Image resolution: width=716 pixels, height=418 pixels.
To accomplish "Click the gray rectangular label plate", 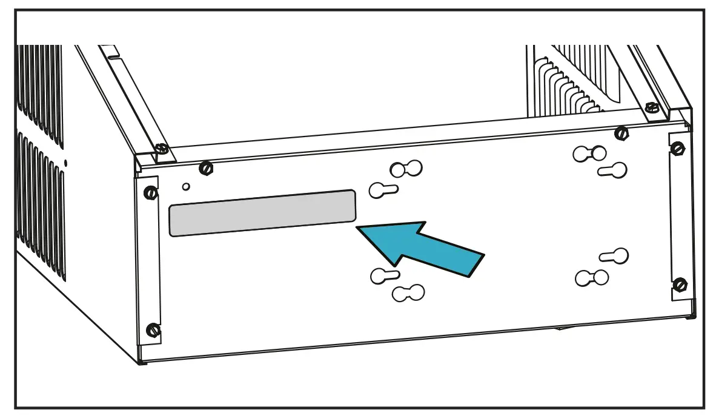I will pyautogui.click(x=262, y=213).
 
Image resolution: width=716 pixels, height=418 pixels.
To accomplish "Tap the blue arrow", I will pyautogui.click(x=424, y=248).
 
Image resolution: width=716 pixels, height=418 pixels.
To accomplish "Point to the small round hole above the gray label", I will pyautogui.click(x=187, y=186).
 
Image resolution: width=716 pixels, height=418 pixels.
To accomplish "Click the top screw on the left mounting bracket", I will pyautogui.click(x=151, y=194).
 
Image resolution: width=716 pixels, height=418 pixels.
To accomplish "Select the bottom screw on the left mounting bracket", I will pyautogui.click(x=153, y=331).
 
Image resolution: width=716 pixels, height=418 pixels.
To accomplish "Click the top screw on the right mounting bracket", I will pyautogui.click(x=678, y=148).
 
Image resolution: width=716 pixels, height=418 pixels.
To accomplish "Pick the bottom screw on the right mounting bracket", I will pyautogui.click(x=680, y=284).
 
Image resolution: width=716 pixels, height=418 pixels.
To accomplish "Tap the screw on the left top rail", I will pyautogui.click(x=160, y=149).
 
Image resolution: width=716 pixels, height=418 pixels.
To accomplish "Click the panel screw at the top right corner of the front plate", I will pyautogui.click(x=621, y=132).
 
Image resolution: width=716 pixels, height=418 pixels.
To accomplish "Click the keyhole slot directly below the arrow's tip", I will pyautogui.click(x=384, y=276).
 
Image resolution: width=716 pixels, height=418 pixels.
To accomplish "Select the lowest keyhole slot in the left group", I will pyautogui.click(x=408, y=293).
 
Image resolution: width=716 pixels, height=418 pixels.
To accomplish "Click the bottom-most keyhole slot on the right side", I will pyautogui.click(x=591, y=278).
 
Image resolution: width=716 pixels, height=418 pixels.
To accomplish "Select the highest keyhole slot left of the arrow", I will pyautogui.click(x=406, y=169).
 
